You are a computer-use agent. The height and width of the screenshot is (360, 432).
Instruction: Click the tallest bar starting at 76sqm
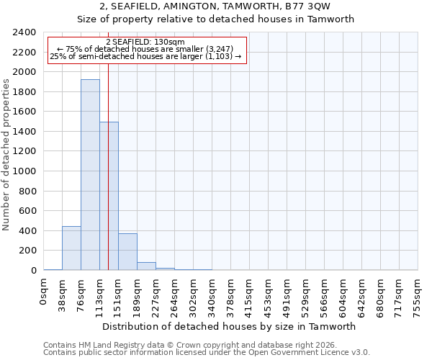pos(90,174)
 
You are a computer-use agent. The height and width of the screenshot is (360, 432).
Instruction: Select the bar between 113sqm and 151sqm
pos(109,196)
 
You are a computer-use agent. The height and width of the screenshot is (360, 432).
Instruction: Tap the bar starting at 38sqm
pos(71,248)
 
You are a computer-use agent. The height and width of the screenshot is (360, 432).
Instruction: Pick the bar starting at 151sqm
pos(127,252)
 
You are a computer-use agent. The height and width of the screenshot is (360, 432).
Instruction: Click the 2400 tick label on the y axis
pos(24,32)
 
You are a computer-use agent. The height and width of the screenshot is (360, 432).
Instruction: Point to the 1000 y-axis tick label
pos(24,171)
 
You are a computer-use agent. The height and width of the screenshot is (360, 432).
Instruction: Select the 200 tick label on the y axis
pos(27,251)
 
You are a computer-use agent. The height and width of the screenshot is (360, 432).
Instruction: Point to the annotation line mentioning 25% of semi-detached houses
pos(145,56)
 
